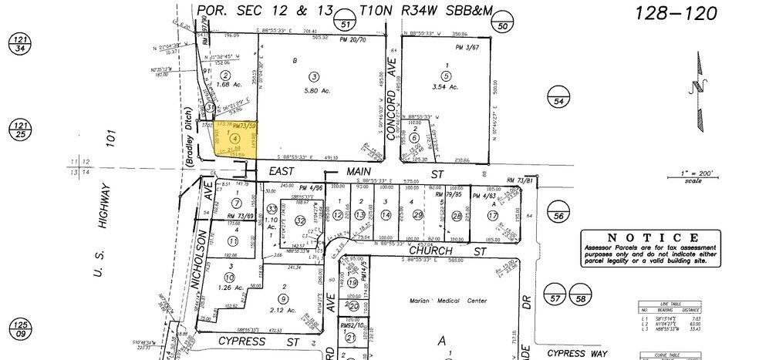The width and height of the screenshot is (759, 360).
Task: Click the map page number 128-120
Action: pos(676,13)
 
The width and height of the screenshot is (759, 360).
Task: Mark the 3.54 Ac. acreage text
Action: pos(445,90)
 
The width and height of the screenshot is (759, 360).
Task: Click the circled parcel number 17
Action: pos(491,215)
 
